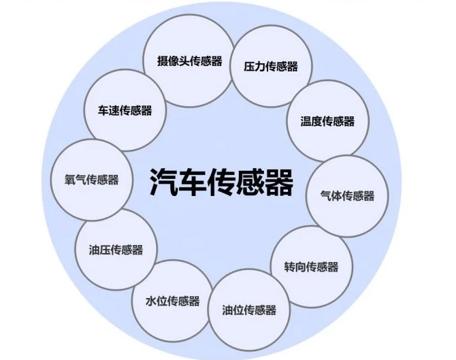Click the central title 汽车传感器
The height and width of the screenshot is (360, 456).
[x=222, y=182]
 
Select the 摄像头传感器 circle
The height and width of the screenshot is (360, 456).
[x=189, y=61]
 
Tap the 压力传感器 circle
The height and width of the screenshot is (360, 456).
[x=271, y=66]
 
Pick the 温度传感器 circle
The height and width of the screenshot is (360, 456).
[x=327, y=121]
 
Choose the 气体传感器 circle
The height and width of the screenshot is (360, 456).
[x=347, y=196]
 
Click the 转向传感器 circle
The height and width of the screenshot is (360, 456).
[x=312, y=267]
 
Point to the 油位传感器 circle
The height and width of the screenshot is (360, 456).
[x=249, y=310]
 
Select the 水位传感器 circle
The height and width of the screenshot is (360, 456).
[x=172, y=301]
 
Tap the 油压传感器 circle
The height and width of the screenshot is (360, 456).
[x=116, y=250]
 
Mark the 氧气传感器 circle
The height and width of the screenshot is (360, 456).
[x=92, y=180]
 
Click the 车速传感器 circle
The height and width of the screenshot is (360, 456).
[x=125, y=110]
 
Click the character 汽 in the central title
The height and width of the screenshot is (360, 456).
[x=163, y=182]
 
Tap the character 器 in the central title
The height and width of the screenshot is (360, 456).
[x=280, y=182]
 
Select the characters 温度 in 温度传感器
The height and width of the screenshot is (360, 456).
[x=311, y=121]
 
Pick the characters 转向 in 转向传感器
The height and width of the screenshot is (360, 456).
[x=295, y=267]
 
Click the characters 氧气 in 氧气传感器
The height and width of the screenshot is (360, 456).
[x=76, y=180]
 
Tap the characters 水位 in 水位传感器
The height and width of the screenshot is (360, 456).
[x=156, y=301]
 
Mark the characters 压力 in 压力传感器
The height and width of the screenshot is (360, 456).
[x=255, y=66]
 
